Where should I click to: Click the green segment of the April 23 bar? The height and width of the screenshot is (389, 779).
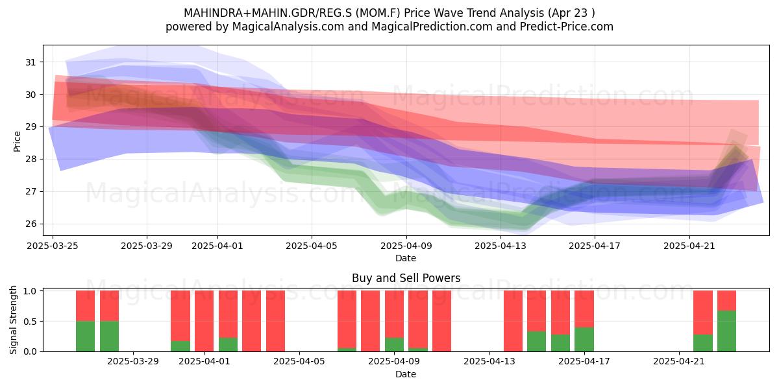click(726, 331)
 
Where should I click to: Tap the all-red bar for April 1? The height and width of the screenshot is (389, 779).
click(204, 321)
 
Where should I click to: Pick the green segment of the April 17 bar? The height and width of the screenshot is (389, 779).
click(584, 339)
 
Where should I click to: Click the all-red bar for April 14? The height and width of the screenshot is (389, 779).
click(513, 321)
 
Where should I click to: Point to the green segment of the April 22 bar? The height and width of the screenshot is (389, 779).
click(703, 343)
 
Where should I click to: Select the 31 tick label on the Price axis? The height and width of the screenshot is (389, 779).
click(31, 62)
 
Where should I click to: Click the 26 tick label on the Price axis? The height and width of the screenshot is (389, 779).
click(31, 224)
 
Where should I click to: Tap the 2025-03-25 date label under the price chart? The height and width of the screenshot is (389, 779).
click(53, 246)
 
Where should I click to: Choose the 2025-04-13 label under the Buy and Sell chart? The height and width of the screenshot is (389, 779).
click(489, 361)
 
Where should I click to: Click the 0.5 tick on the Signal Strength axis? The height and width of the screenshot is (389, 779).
click(30, 322)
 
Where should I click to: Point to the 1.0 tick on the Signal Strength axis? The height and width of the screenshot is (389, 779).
click(30, 290)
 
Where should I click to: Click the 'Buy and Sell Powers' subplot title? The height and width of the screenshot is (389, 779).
click(406, 278)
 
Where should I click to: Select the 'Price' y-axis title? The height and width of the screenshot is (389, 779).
click(17, 142)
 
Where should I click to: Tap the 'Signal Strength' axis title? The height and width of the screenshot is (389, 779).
click(13, 320)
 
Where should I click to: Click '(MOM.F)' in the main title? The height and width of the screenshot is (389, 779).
click(378, 13)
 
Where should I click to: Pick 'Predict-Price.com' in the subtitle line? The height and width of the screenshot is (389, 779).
click(567, 27)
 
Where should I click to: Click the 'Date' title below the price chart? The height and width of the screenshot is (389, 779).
click(406, 258)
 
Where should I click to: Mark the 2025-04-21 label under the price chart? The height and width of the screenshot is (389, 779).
click(689, 246)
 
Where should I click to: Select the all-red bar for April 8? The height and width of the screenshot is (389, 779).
click(371, 321)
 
